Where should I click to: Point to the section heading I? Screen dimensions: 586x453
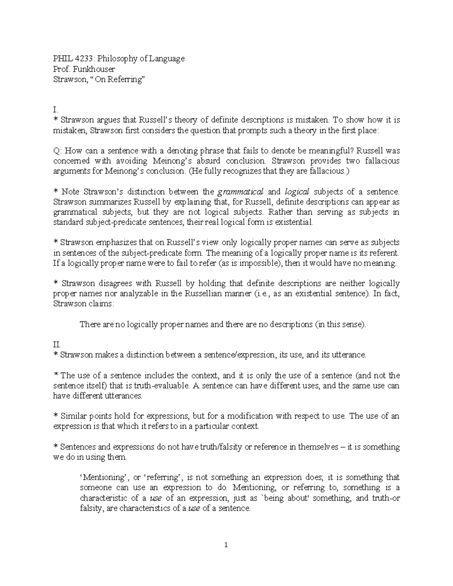coord(55,110)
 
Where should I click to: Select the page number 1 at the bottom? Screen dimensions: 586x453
coord(226,545)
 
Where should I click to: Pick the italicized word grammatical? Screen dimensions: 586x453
coord(240,192)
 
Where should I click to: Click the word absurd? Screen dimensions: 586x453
coord(210,161)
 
